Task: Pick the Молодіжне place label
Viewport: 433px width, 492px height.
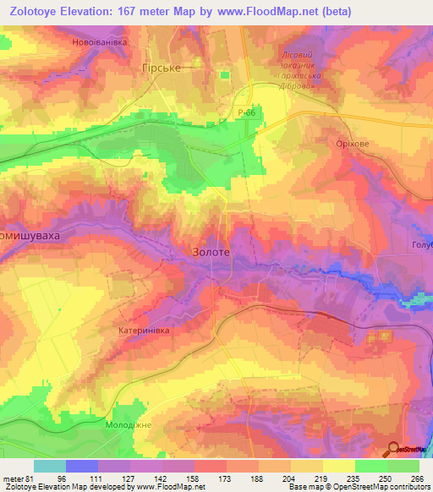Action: (x=128, y=424)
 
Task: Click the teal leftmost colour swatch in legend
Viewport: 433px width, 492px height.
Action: (x=50, y=466)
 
